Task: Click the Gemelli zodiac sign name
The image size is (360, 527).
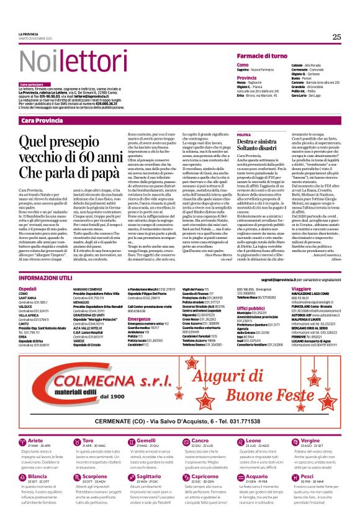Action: (x=146, y=423)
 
